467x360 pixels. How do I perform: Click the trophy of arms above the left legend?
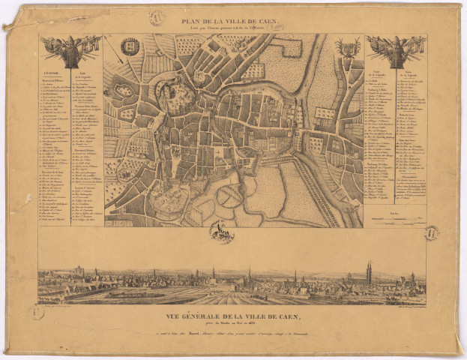70,48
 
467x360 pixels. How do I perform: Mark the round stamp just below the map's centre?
221,234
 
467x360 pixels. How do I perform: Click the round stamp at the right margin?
431,233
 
